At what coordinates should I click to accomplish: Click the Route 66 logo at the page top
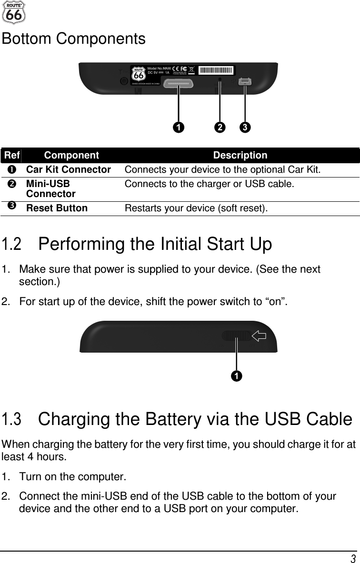pos(14,12)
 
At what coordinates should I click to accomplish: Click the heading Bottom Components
pos(74,39)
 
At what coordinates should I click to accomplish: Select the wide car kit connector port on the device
pos(179,84)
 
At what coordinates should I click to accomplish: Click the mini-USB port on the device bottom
pos(245,82)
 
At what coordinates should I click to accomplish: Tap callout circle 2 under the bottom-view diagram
pos(220,128)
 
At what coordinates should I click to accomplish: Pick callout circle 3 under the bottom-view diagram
pos(244,128)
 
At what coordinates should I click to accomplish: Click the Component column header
pos(71,156)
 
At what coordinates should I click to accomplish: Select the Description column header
pos(240,156)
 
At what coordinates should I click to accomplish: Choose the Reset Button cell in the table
pos(57,208)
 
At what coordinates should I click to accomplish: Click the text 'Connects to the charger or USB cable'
pos(209,184)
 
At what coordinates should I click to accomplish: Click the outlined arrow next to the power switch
pos(259,336)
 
